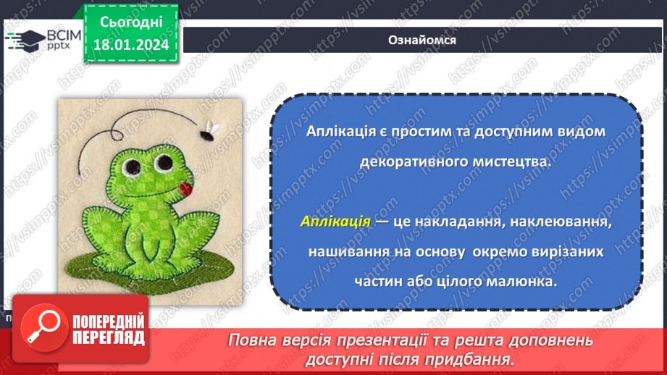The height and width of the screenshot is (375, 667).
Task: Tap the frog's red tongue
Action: pyautogui.click(x=185, y=190)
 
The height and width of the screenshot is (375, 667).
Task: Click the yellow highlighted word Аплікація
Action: pyautogui.click(x=335, y=221)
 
